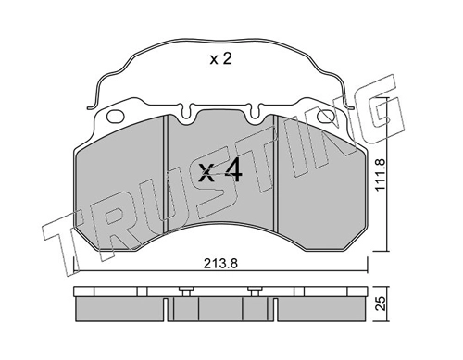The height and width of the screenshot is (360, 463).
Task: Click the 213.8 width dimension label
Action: [220, 264]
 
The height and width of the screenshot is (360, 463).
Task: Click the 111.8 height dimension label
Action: [381, 174]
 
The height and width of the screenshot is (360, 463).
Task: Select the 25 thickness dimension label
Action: [381, 304]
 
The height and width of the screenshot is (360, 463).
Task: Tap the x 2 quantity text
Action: [220, 58]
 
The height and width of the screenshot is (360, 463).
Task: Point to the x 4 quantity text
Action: [220, 172]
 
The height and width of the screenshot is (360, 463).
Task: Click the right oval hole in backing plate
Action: [326, 117]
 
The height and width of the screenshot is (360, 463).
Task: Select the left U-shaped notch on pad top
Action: [186, 114]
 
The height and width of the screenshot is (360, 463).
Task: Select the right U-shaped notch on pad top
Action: [255, 114]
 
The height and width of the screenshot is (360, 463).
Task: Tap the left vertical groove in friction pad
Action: [166, 174]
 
